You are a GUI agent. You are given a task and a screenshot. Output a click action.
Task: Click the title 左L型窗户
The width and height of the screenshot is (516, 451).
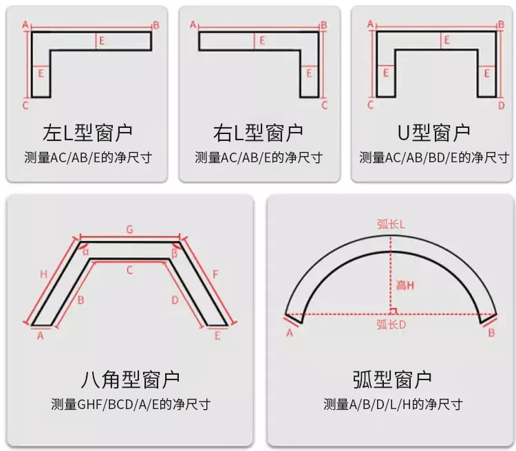click(87, 133)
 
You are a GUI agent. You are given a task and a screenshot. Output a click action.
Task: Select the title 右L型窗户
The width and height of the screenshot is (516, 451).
click(258, 133)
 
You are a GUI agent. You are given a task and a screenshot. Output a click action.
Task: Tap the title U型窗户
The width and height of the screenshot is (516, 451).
click(433, 133)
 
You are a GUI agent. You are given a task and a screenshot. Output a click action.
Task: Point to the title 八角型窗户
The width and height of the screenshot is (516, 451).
click(130, 379)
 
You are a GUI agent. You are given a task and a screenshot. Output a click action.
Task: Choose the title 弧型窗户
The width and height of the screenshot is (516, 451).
click(392, 379)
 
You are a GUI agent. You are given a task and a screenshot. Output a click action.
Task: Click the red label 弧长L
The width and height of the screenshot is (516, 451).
click(391, 224)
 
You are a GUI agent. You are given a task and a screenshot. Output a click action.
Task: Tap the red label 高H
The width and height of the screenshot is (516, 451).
click(405, 285)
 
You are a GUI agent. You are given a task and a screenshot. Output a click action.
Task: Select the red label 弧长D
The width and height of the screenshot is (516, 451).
click(391, 324)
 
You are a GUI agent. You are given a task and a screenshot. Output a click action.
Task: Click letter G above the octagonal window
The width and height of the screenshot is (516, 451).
click(129, 230)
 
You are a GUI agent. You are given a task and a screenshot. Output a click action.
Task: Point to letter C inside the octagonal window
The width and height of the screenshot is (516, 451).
click(129, 270)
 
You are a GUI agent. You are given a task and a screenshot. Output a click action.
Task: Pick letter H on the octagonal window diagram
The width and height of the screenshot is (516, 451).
click(44, 274)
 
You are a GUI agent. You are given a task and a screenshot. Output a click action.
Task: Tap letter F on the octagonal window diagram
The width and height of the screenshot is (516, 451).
click(216, 274)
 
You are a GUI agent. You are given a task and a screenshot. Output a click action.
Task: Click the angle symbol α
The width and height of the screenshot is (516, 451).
click(85, 252)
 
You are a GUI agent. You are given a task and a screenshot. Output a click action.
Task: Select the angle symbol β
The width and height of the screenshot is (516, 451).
click(175, 253)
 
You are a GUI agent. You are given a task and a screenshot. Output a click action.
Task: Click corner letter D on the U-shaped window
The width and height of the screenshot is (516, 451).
click(501, 106)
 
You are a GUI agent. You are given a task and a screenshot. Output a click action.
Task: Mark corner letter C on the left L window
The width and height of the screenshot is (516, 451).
click(25, 106)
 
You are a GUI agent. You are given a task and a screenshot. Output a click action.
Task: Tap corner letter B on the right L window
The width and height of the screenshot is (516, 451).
click(324, 25)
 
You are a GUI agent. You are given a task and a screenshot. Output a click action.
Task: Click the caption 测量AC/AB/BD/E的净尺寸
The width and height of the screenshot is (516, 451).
click(434, 157)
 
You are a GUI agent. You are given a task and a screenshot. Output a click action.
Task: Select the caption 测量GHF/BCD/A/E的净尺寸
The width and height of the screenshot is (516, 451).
click(131, 404)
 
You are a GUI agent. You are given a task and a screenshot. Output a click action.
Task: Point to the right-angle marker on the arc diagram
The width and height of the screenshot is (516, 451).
click(394, 311)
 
